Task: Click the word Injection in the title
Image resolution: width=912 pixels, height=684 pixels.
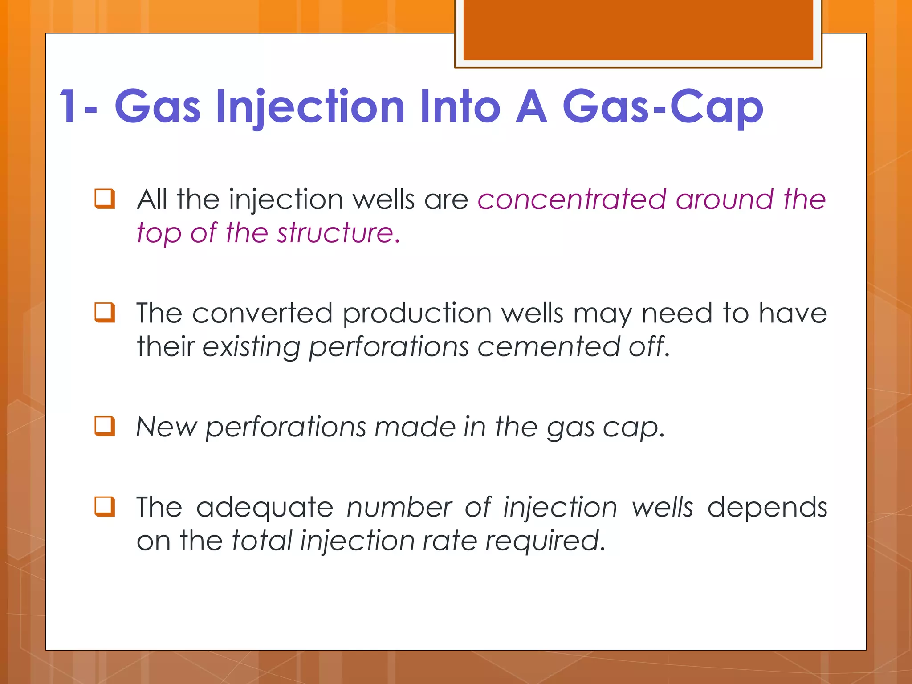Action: [310, 107]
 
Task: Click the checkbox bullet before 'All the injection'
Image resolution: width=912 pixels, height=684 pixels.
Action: [105, 199]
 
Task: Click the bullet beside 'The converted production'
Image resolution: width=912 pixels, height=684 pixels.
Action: [105, 313]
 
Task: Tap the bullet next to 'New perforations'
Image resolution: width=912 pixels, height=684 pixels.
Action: [105, 426]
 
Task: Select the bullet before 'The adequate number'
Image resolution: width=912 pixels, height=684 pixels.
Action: [105, 507]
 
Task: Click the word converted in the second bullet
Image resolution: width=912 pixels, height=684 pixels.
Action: [262, 313]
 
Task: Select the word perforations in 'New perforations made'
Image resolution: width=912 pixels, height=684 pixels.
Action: [285, 427]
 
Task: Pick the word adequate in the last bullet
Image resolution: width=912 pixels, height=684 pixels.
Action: [265, 508]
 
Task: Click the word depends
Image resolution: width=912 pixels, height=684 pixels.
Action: [767, 508]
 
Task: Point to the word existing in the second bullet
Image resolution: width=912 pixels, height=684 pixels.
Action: [251, 346]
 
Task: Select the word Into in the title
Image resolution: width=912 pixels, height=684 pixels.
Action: [460, 107]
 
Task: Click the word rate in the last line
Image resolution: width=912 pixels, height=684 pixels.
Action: [449, 541]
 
